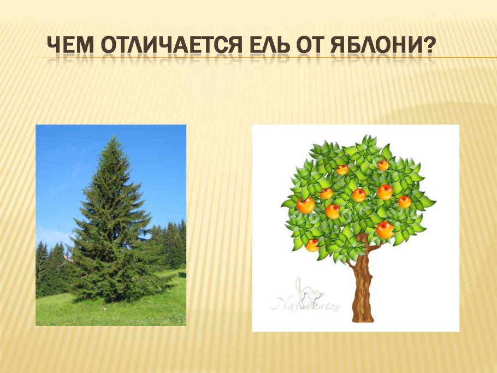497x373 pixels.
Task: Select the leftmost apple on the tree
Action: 305,205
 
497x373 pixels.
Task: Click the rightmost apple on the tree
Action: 405,202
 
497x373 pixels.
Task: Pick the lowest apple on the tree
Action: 312,245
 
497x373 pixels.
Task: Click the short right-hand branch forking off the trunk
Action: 375,248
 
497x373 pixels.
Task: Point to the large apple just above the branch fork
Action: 385,230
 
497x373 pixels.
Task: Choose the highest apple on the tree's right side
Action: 383,164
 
